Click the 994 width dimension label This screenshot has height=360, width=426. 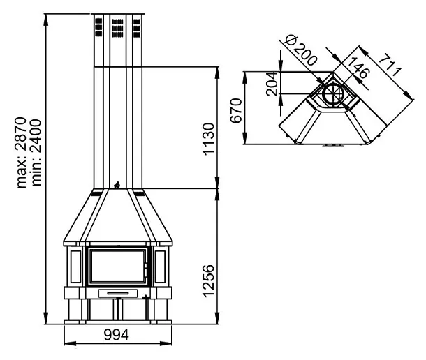pyautogui.click(x=117, y=335)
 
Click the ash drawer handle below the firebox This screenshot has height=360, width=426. pyautogui.click(x=117, y=293)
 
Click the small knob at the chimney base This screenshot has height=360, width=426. pyautogui.click(x=117, y=185)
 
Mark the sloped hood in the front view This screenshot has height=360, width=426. pyautogui.click(x=117, y=216)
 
